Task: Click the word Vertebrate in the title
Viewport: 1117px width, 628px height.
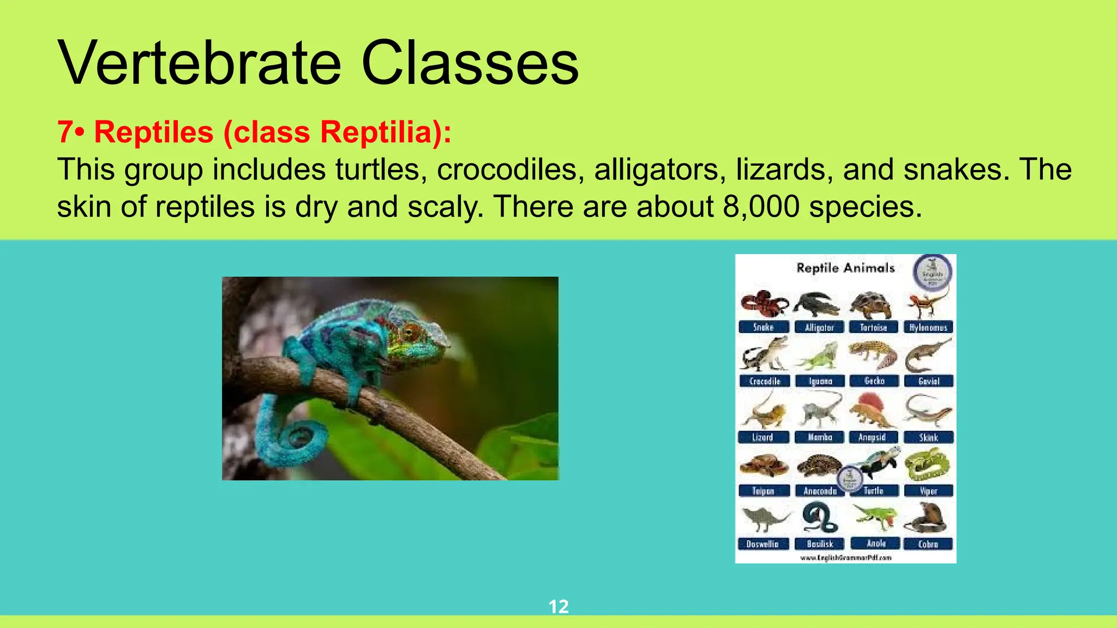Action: point(199,63)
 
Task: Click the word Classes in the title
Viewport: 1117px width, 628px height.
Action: point(470,63)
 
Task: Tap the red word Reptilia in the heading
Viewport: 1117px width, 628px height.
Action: point(376,132)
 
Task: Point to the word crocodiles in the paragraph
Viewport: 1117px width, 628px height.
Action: point(507,170)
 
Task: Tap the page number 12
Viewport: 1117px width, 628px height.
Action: point(558,606)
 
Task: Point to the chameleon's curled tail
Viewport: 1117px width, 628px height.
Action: point(295,436)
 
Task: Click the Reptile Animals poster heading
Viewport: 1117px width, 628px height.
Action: point(845,268)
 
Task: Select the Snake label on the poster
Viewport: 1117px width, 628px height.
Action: point(764,327)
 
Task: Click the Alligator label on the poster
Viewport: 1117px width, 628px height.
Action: point(819,327)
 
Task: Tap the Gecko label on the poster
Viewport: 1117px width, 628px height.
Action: point(874,381)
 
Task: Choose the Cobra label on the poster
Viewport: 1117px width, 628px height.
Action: point(928,544)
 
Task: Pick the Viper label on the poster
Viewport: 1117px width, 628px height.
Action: point(928,491)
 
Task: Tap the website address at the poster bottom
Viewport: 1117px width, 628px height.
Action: point(845,558)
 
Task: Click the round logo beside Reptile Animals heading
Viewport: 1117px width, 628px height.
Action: point(933,271)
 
